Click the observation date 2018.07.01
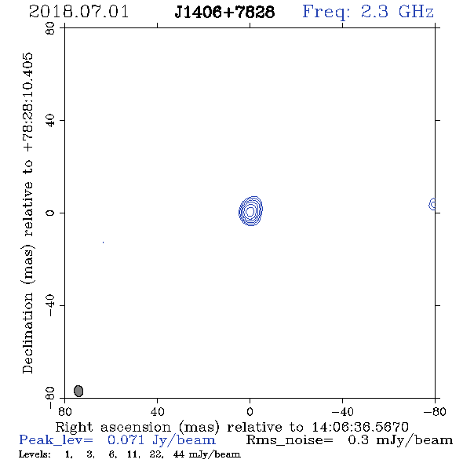pos(78,12)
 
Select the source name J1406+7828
pos(224,12)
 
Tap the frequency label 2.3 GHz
pos(397,12)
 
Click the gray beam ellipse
pos(78,391)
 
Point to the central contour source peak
pos(250,211)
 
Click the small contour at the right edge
pos(432,204)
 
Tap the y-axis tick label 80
pos(50,28)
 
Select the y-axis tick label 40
pos(50,121)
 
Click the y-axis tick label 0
pos(50,213)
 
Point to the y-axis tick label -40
pos(50,305)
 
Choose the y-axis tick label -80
pos(50,398)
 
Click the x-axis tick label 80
pos(64,412)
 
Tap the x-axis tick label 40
pos(157,412)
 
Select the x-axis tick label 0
pos(250,412)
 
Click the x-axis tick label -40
pos(342,412)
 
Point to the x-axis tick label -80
pos(435,412)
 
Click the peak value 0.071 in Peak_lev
pos(126,440)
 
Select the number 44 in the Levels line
pos(179,454)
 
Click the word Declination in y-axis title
pos(27,333)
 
